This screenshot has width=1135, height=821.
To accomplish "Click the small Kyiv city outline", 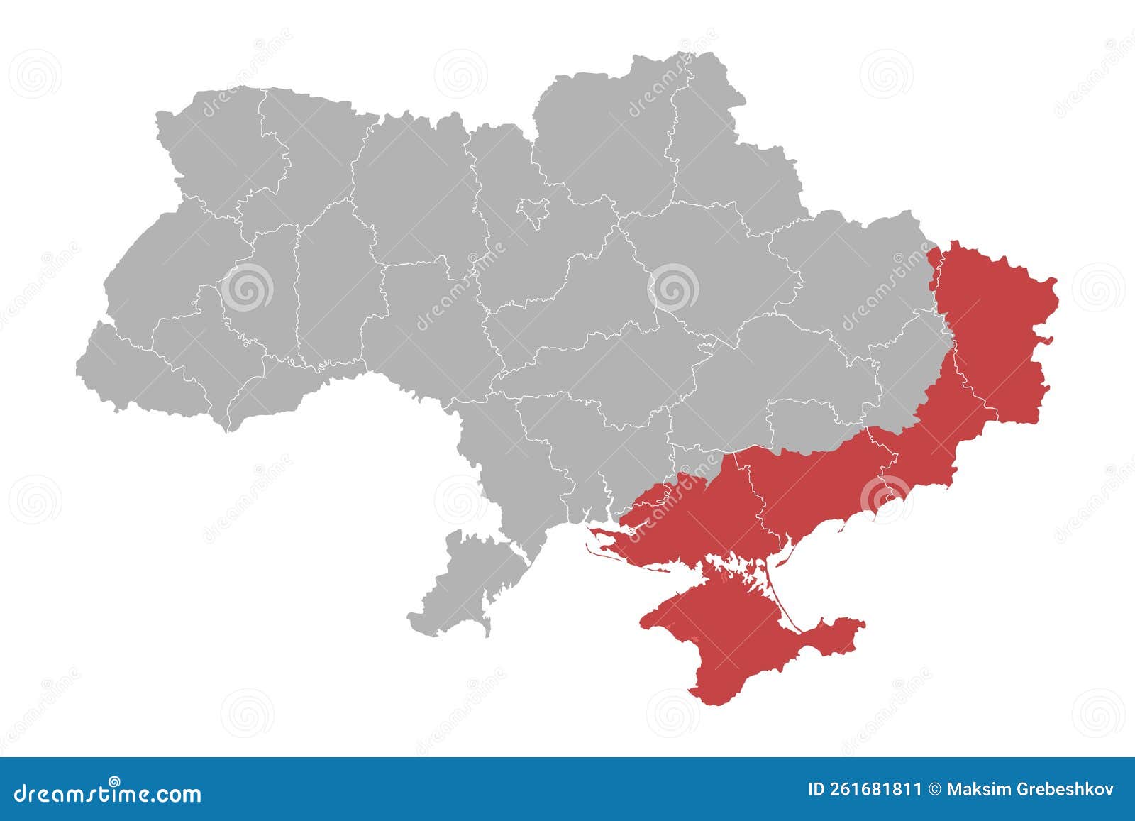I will [x=533, y=210].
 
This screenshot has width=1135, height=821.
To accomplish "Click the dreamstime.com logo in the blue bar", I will [x=108, y=793].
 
